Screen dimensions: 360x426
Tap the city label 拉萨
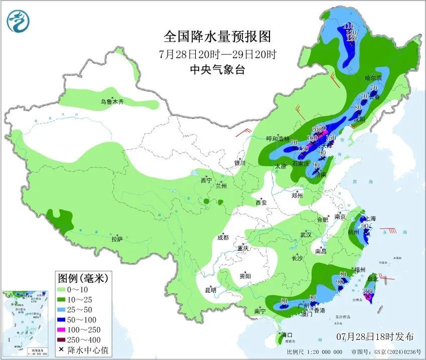(117, 240)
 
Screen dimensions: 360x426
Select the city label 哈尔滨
(373, 78)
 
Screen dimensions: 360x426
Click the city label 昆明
(211, 290)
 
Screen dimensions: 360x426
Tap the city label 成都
(223, 237)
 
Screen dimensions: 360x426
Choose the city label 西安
(261, 203)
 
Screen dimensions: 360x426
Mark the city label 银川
(240, 163)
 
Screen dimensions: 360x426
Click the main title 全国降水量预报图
(217, 37)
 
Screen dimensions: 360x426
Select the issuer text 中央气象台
(217, 70)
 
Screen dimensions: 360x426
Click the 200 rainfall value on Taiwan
(368, 291)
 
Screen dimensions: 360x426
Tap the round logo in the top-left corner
(18, 21)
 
